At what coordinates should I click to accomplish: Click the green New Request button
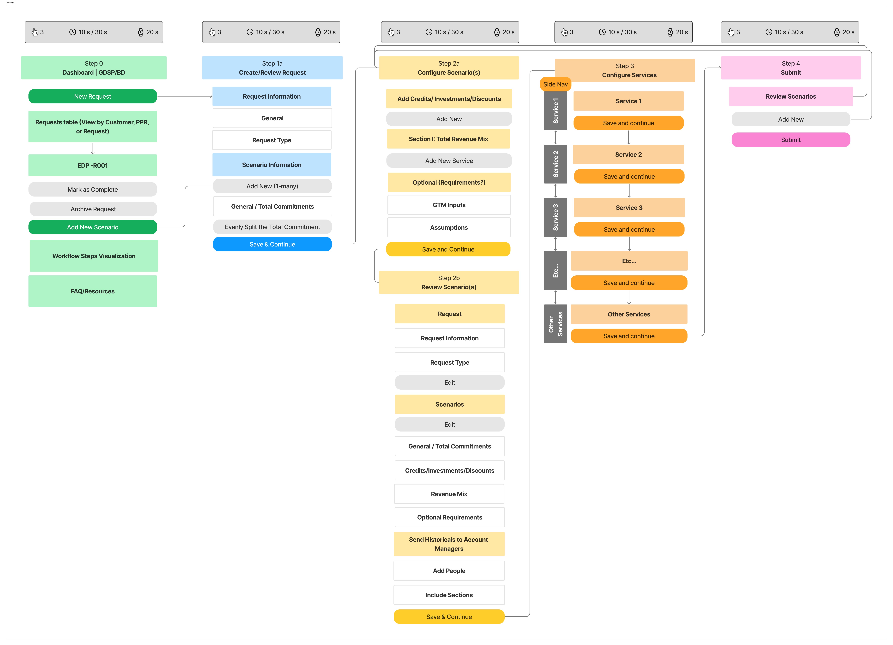[x=93, y=96]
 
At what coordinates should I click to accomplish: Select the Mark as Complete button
[x=93, y=189]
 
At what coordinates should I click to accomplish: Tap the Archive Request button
[x=93, y=209]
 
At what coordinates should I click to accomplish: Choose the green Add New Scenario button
[x=93, y=227]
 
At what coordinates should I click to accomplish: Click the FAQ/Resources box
[x=93, y=291]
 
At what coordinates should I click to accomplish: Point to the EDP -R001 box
[x=93, y=165]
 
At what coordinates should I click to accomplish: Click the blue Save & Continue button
[x=272, y=244]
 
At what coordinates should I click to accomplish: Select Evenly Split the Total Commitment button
[x=272, y=227]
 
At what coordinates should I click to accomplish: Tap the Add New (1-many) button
[x=272, y=186]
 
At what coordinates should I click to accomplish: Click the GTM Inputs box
[x=449, y=205]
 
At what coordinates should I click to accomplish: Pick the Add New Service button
[x=449, y=160]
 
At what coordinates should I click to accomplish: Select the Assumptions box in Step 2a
[x=449, y=227]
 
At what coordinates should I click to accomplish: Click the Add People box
[x=449, y=571]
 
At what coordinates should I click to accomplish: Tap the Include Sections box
[x=449, y=595]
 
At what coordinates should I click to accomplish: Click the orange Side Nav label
[x=555, y=84]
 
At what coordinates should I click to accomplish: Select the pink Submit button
[x=791, y=140]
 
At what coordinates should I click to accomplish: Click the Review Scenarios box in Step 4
[x=791, y=96]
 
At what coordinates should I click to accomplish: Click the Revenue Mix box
[x=449, y=494]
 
